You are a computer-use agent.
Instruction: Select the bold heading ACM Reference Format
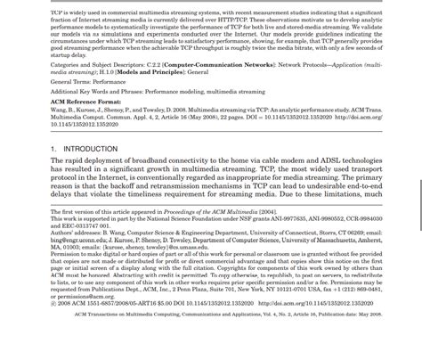click(86, 102)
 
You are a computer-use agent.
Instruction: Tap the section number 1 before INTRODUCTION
click(53, 149)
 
